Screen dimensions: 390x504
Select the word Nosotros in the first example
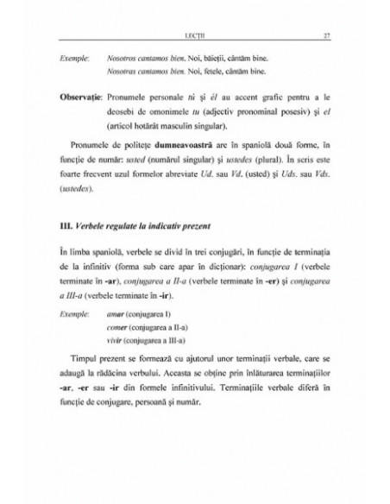[123, 54]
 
